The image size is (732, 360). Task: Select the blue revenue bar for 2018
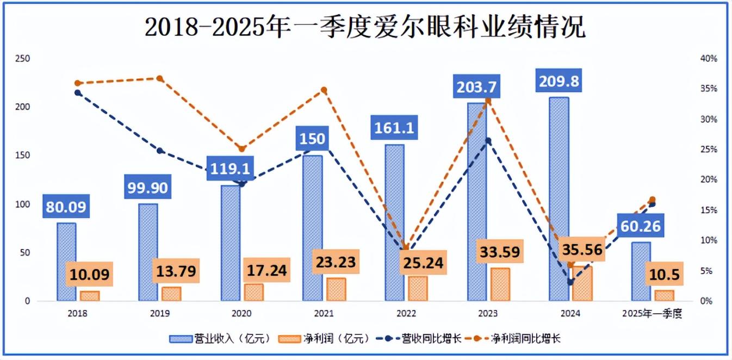pos(66,261)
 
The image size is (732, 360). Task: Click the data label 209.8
pos(559,82)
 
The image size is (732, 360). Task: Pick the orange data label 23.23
pos(335,263)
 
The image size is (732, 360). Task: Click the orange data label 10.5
pos(663,275)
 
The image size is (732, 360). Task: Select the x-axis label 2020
pos(242,314)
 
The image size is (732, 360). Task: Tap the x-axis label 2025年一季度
pos(652,314)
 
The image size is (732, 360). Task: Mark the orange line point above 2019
pos(160,78)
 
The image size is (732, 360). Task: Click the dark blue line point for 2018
pos(78,92)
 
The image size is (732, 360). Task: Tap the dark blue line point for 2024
pos(570,282)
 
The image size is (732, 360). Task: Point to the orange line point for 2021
pos(324,90)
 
